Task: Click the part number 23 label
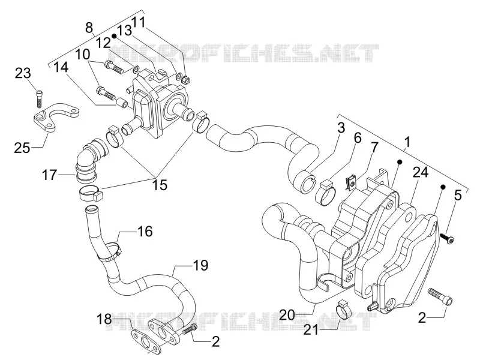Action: coord(23,73)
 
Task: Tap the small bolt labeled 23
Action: coord(39,98)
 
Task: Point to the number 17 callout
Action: coord(49,175)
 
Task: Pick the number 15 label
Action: coord(160,185)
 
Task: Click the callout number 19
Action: coord(200,265)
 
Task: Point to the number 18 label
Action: coord(104,319)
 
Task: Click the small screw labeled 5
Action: coord(446,238)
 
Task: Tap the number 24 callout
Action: coord(421,172)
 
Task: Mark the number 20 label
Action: coord(287,314)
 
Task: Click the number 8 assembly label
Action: coord(89,28)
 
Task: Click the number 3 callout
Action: coord(341,127)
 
